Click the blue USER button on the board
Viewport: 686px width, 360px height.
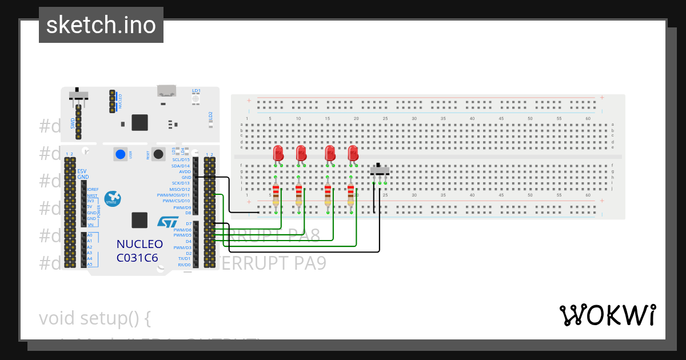coord(121,154)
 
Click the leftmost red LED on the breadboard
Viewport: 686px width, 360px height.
coord(278,153)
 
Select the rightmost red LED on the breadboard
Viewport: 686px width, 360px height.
coord(353,153)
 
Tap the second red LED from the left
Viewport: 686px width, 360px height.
coord(301,153)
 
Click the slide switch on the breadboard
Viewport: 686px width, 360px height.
coord(380,170)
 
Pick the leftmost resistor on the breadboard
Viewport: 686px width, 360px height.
coord(276,194)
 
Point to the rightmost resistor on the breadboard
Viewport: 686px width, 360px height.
coord(350,194)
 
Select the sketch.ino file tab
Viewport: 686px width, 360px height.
coord(101,25)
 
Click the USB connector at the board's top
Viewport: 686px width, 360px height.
coord(167,91)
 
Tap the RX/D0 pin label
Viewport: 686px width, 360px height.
coord(184,265)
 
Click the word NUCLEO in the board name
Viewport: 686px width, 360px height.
coord(139,244)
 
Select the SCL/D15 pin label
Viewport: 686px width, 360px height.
coord(181,159)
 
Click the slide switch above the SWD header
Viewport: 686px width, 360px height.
coord(78,95)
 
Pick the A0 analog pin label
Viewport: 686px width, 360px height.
coord(89,235)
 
